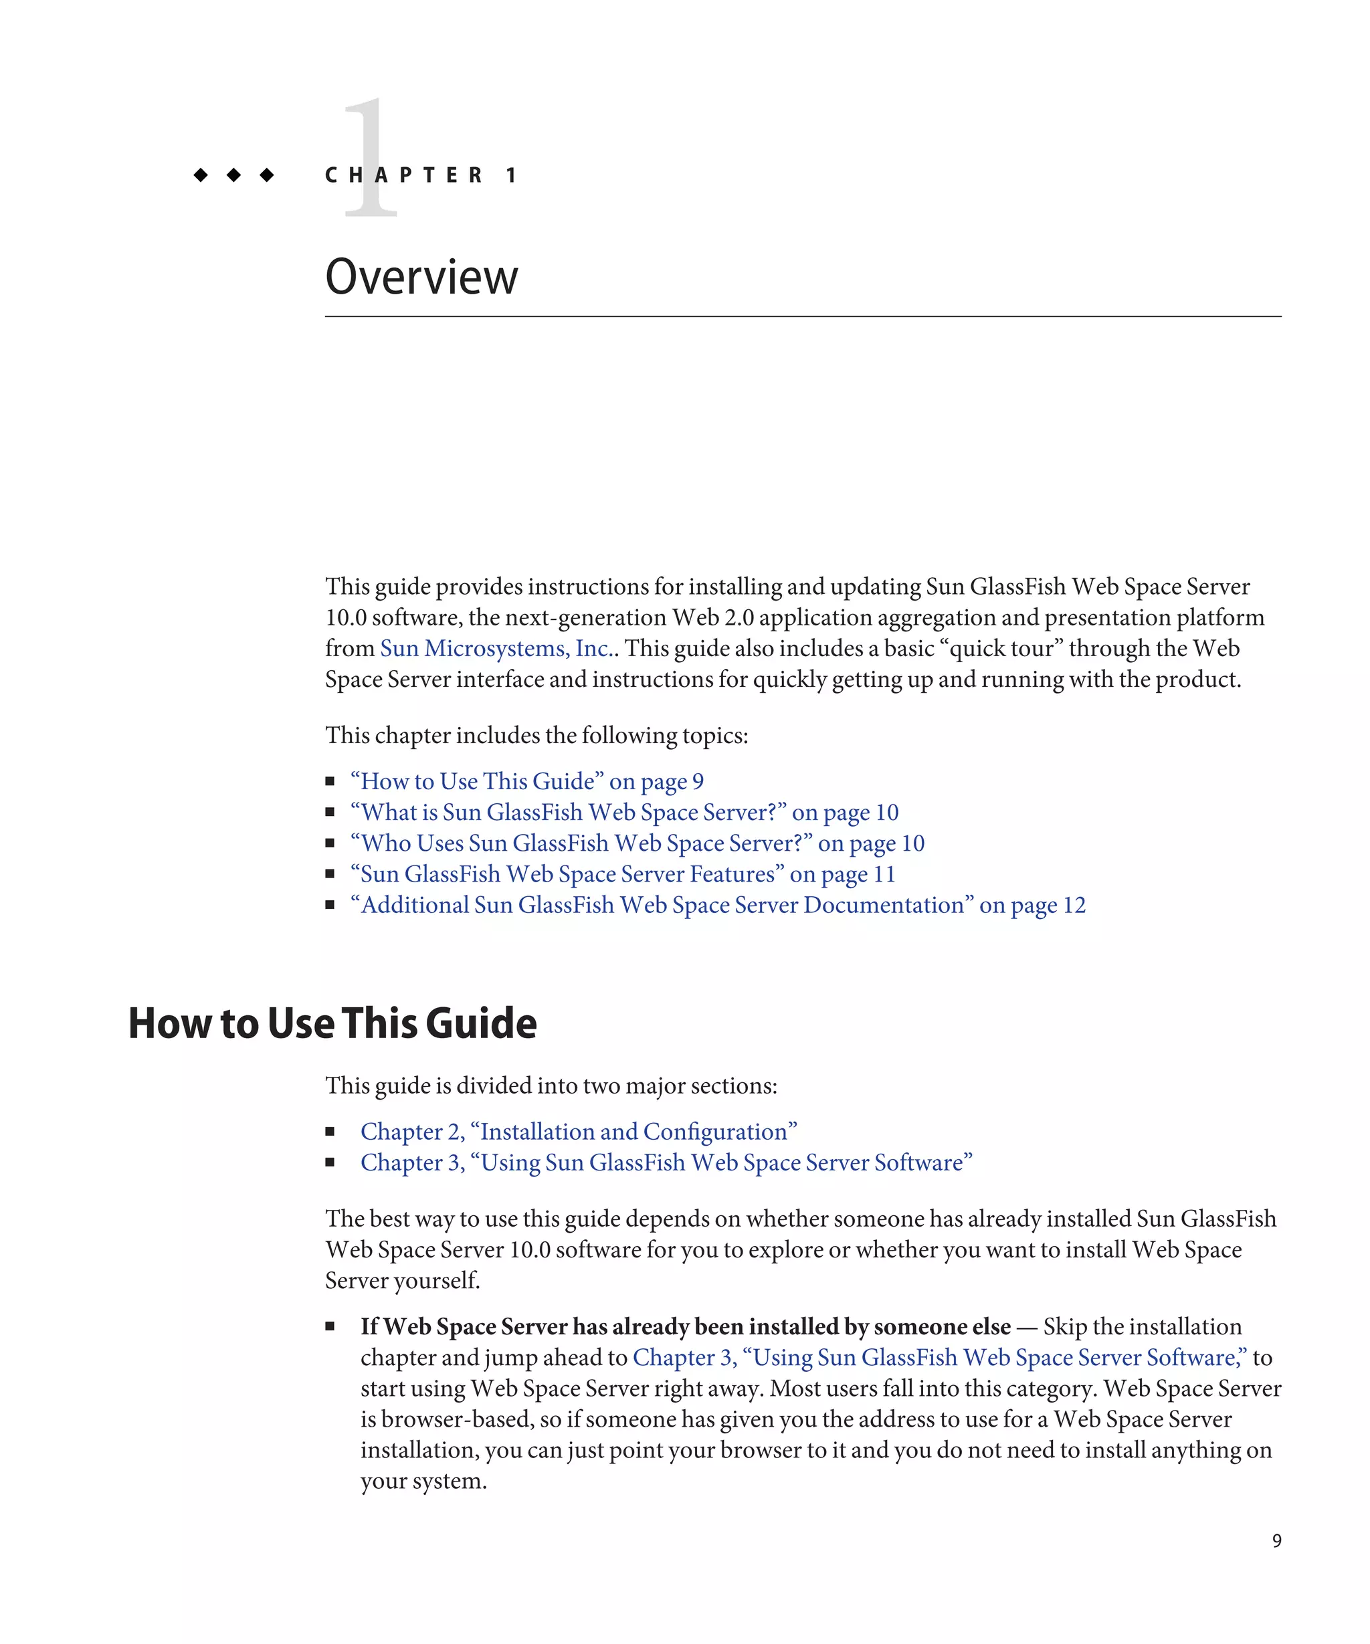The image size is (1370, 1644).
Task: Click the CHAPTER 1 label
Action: point(421,175)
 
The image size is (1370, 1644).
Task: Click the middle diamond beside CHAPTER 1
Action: point(233,175)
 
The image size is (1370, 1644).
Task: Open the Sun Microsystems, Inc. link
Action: point(495,649)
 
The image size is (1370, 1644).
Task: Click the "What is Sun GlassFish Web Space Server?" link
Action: point(624,813)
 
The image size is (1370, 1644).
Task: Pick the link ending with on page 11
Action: point(622,874)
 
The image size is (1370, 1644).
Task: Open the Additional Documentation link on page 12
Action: point(718,905)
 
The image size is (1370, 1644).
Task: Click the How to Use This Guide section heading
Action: point(332,1023)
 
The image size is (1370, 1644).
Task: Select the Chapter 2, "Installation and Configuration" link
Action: point(579,1132)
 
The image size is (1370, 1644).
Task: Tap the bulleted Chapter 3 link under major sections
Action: point(666,1162)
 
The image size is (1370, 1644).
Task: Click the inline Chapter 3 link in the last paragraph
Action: point(939,1358)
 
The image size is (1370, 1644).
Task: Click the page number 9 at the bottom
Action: point(1277,1540)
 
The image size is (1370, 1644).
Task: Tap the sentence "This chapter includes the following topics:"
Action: point(536,736)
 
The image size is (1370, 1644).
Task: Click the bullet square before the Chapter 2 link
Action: point(330,1132)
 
